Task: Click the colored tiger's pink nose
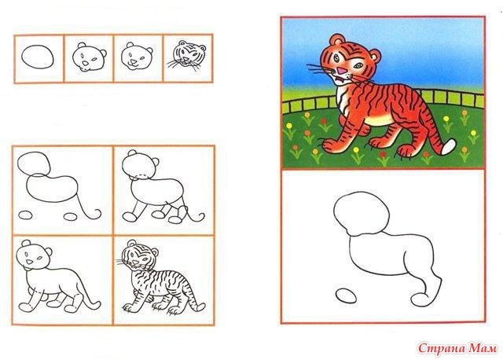[342, 70]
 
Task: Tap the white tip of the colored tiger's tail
[449, 147]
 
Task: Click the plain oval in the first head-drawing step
[38, 57]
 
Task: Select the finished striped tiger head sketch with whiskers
[187, 55]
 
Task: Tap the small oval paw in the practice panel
[346, 296]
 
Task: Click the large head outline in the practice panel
[362, 213]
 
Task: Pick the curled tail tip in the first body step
[97, 213]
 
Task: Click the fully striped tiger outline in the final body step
[160, 277]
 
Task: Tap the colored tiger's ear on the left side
[336, 40]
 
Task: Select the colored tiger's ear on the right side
[376, 56]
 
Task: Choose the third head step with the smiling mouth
[137, 57]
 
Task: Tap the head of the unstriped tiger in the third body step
[35, 255]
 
